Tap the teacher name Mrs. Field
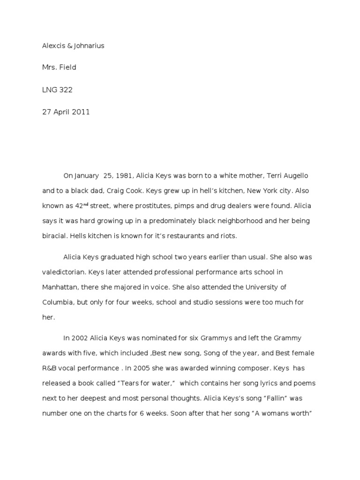[59, 67]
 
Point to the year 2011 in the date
[80, 112]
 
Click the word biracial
[54, 236]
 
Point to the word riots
[227, 236]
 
